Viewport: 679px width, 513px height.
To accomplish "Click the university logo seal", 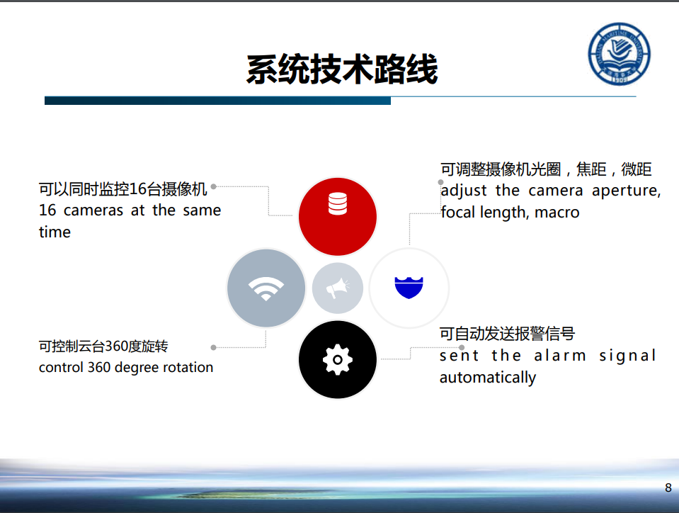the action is point(620,54).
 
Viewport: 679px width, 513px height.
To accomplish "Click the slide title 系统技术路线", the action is point(342,69).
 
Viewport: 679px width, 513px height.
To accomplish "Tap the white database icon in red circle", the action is point(337,203).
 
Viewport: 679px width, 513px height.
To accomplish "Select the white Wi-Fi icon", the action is point(266,288).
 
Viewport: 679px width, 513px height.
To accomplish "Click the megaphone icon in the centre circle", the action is point(338,288).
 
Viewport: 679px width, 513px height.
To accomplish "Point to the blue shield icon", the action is point(409,288).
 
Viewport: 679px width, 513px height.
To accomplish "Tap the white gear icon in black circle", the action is point(337,360).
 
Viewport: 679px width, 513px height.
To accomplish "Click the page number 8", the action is point(668,488).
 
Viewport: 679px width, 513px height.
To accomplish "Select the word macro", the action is point(557,213).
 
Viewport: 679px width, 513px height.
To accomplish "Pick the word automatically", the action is point(488,378).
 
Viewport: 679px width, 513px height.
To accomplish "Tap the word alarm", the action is point(560,356).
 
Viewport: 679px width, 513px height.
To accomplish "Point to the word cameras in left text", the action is point(93,210).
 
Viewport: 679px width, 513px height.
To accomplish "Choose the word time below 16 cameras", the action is point(55,232).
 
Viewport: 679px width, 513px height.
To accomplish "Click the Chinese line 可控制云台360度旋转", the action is point(103,346).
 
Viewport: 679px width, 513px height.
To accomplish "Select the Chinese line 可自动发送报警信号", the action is point(507,334).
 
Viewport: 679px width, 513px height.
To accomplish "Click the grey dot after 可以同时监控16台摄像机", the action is point(214,186).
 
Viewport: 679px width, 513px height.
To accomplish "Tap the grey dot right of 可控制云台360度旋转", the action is point(214,347).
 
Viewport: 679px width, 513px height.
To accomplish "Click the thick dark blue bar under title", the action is point(217,101).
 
